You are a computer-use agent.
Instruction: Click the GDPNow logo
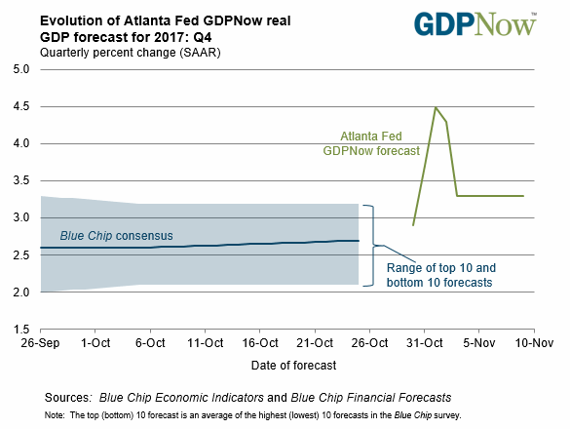[x=475, y=24]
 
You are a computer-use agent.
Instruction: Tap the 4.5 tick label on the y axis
[x=21, y=106]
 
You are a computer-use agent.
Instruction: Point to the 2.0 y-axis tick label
[x=21, y=292]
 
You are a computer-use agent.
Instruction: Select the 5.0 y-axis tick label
[x=21, y=69]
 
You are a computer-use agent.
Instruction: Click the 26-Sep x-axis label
[x=40, y=343]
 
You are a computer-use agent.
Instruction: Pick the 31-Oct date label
[x=425, y=343]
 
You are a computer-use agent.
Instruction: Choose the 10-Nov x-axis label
[x=534, y=343]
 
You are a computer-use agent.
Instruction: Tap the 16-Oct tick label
[x=260, y=343]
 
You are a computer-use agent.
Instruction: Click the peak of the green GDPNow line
[x=436, y=107]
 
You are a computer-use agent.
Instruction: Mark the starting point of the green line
[x=413, y=225]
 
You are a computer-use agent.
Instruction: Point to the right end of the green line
[x=523, y=196]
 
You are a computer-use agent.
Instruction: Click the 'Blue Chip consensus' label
[x=116, y=236]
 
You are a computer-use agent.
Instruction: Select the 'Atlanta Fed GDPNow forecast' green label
[x=371, y=143]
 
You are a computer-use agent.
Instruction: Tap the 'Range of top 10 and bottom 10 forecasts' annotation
[x=441, y=275]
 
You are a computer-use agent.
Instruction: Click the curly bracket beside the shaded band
[x=373, y=246]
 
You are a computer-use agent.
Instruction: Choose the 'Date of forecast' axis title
[x=293, y=366]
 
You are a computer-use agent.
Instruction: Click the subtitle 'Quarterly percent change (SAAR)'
[x=131, y=53]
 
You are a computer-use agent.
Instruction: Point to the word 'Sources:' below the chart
[x=67, y=398]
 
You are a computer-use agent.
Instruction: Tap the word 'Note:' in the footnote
[x=55, y=415]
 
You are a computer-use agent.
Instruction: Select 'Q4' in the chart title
[x=203, y=37]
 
